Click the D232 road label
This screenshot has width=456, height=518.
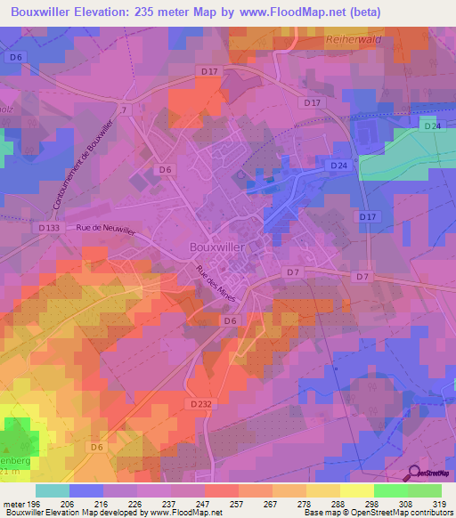pyautogui.click(x=199, y=403)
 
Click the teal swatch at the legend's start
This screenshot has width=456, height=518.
pyautogui.click(x=53, y=490)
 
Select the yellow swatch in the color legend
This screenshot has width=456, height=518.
pyautogui.click(x=356, y=490)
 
